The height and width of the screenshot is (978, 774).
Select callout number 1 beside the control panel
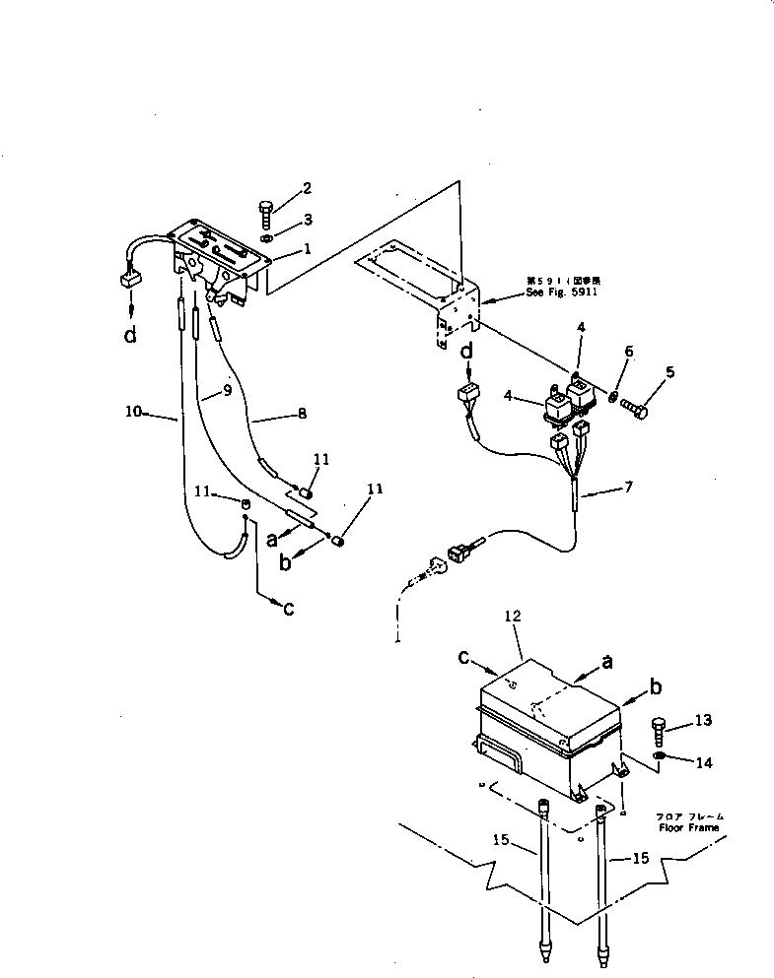coord(308,249)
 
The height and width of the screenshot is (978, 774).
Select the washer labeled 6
coord(612,396)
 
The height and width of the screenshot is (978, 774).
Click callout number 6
coord(628,351)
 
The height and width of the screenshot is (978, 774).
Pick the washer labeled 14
coord(658,756)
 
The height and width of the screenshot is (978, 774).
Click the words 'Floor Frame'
coord(691,827)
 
